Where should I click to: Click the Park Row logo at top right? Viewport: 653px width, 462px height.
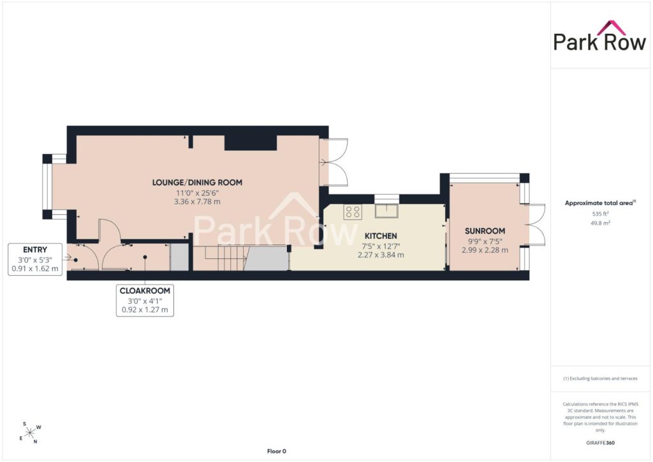click(x=599, y=36)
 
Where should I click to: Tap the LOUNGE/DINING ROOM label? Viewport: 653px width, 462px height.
click(x=197, y=183)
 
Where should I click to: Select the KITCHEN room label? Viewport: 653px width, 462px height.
click(x=381, y=236)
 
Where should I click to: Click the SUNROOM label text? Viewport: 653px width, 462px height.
click(x=485, y=231)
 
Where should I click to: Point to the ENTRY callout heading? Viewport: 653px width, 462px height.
click(x=35, y=250)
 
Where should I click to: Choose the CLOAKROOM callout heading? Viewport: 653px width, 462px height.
click(x=145, y=291)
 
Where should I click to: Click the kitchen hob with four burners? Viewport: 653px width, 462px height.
click(x=352, y=212)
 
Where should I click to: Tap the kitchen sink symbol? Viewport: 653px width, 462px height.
click(x=386, y=211)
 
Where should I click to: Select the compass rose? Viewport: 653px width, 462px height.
click(x=30, y=433)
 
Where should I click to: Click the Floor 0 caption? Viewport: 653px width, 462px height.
click(x=277, y=451)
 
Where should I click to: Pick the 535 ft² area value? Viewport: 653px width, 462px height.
click(x=600, y=214)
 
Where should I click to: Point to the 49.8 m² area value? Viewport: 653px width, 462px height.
click(x=600, y=223)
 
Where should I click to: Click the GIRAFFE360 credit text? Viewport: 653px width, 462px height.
click(x=600, y=443)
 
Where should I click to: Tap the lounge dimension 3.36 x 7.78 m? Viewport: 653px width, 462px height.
click(x=197, y=202)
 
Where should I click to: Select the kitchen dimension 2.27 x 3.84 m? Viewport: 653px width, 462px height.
click(x=381, y=255)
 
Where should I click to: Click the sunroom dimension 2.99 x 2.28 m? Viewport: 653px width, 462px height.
click(x=485, y=250)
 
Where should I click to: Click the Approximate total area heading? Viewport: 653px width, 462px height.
click(x=599, y=204)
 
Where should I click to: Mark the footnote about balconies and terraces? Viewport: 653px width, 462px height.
click(x=600, y=378)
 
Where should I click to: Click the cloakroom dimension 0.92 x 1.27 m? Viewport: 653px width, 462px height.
click(x=145, y=310)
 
